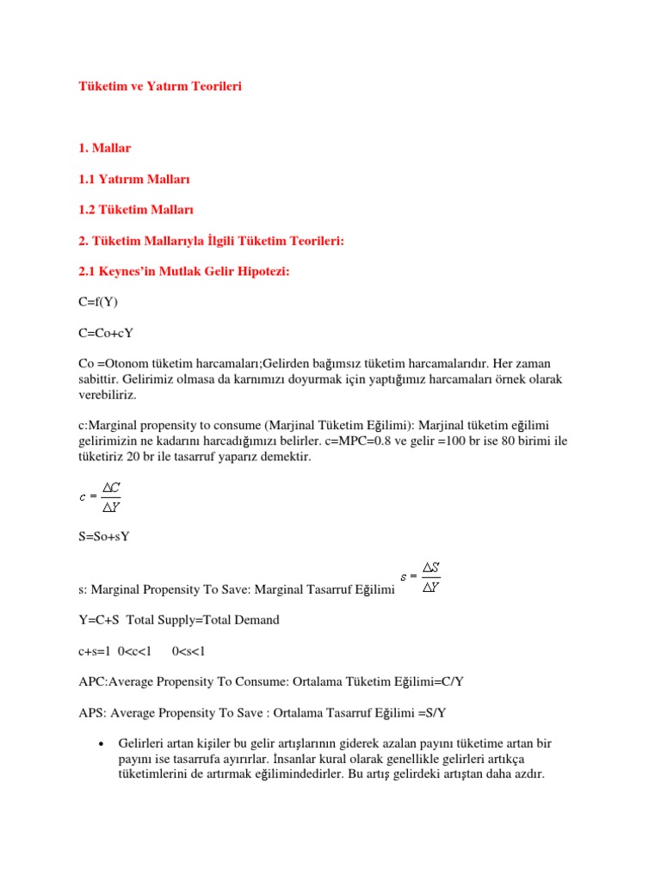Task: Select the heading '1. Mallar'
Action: [x=106, y=149]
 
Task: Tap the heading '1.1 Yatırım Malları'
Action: [x=133, y=180]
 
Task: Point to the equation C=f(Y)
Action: [x=98, y=303]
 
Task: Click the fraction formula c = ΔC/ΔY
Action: [x=100, y=496]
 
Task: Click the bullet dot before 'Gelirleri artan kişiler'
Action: [x=102, y=742]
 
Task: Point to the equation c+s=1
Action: [x=96, y=650]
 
